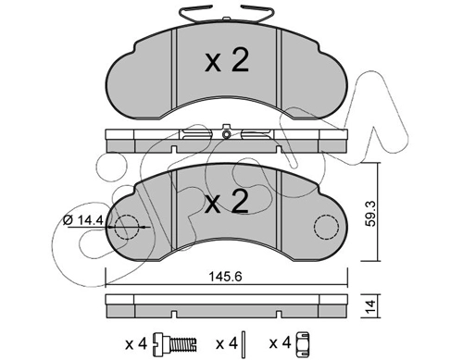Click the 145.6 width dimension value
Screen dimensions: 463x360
click(225, 277)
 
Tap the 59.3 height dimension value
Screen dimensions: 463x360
click(370, 213)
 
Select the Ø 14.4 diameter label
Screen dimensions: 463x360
click(82, 220)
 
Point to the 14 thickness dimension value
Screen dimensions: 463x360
click(371, 305)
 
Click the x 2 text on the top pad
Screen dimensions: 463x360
click(227, 61)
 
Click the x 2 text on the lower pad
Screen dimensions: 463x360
click(227, 202)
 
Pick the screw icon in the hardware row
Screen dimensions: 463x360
click(175, 343)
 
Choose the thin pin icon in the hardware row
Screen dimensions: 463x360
click(244, 342)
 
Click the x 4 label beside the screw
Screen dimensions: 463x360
click(136, 343)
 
